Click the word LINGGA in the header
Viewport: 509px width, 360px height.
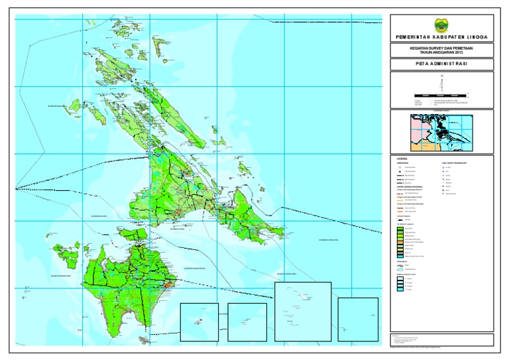[474, 38]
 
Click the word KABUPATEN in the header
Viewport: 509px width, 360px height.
[444, 38]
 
